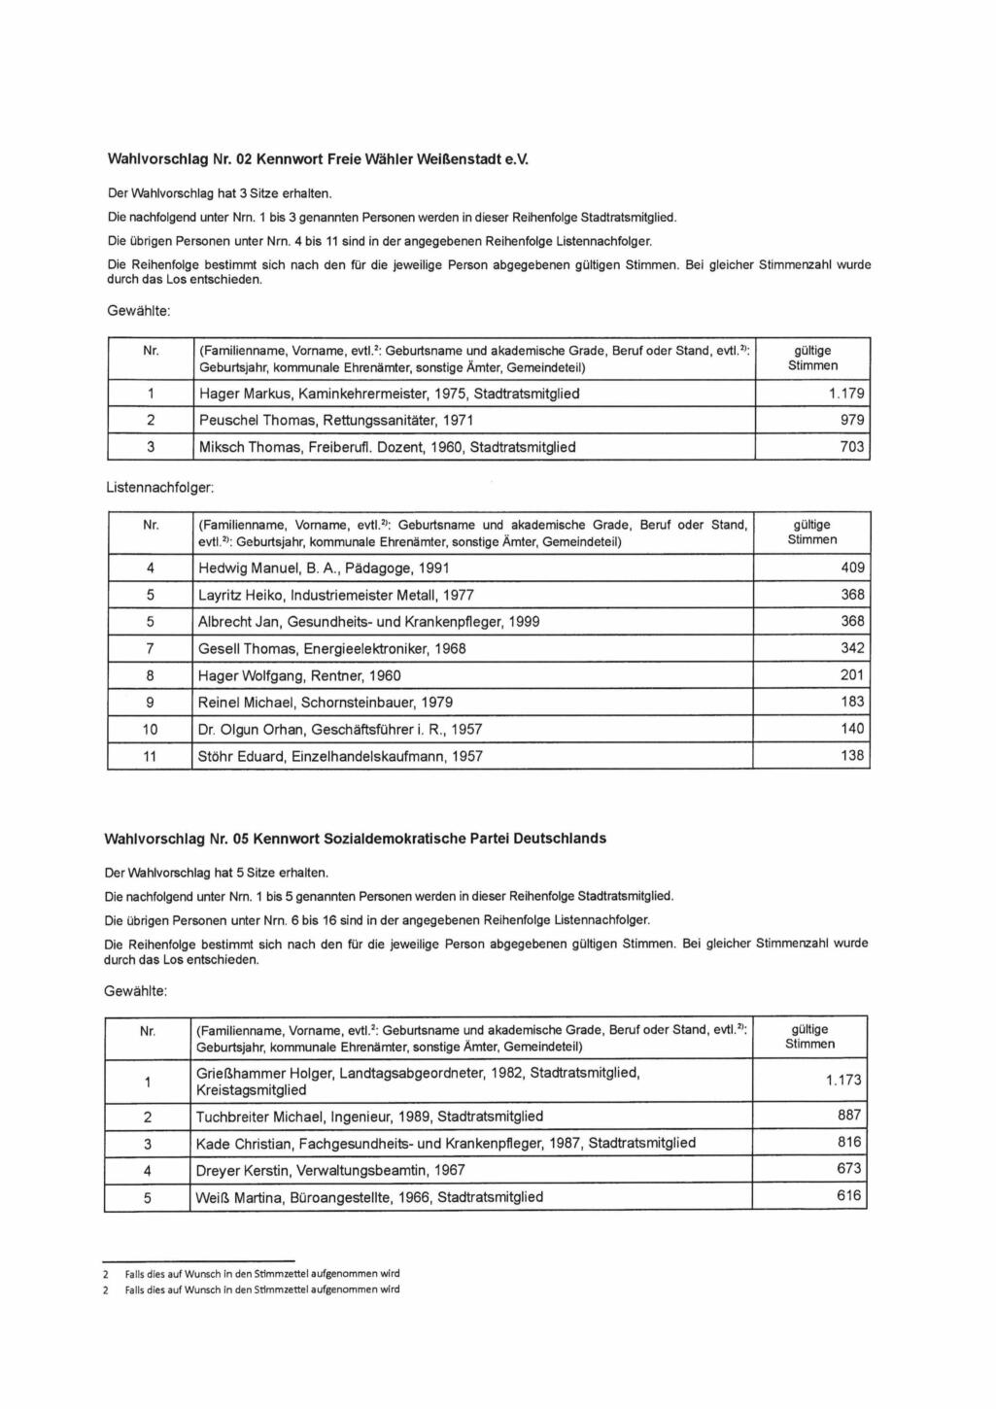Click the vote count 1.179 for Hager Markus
coord(846,394)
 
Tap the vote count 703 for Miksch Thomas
coord(852,447)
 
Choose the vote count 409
coord(852,567)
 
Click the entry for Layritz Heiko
coord(336,595)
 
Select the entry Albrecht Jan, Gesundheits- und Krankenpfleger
coord(369,621)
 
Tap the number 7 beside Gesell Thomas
coord(150,648)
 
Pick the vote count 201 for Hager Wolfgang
coord(852,675)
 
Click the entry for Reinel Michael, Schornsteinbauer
coord(326,702)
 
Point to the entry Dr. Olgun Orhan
coord(340,729)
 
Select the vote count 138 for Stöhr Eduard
coord(852,755)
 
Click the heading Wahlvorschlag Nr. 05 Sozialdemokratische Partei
coord(356,838)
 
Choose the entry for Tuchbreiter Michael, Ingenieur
coord(369,1117)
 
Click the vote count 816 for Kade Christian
coord(849,1143)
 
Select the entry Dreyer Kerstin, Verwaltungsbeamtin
coord(330,1170)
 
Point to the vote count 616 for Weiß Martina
coord(849,1196)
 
